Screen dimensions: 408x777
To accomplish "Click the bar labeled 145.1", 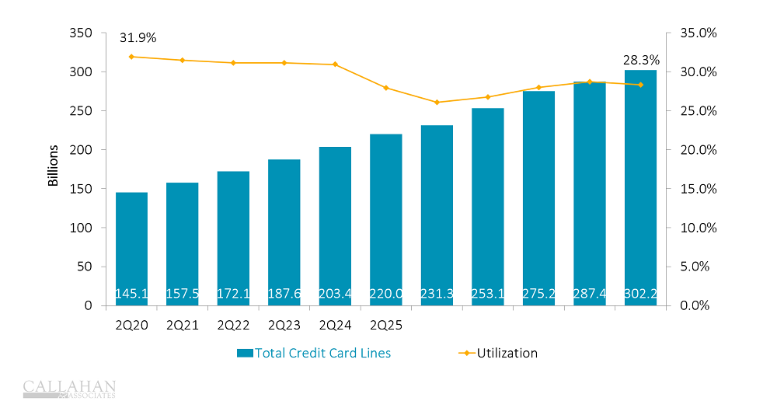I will tap(131, 249).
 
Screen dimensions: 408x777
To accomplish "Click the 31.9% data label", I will tap(138, 37).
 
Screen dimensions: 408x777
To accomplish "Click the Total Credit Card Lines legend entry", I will tap(314, 353).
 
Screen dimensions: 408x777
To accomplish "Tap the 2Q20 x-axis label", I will tap(131, 325).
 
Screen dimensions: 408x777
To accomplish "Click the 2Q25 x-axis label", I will tap(386, 325).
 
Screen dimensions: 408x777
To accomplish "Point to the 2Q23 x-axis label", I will tap(284, 325).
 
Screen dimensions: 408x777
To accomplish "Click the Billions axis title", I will tap(54, 165).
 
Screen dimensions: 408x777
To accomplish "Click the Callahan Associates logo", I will tap(70, 389).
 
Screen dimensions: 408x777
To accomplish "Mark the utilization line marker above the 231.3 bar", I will tap(437, 102).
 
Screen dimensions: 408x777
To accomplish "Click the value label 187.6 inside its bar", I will tap(284, 294).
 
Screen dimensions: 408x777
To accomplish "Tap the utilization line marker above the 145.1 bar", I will tap(131, 57).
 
